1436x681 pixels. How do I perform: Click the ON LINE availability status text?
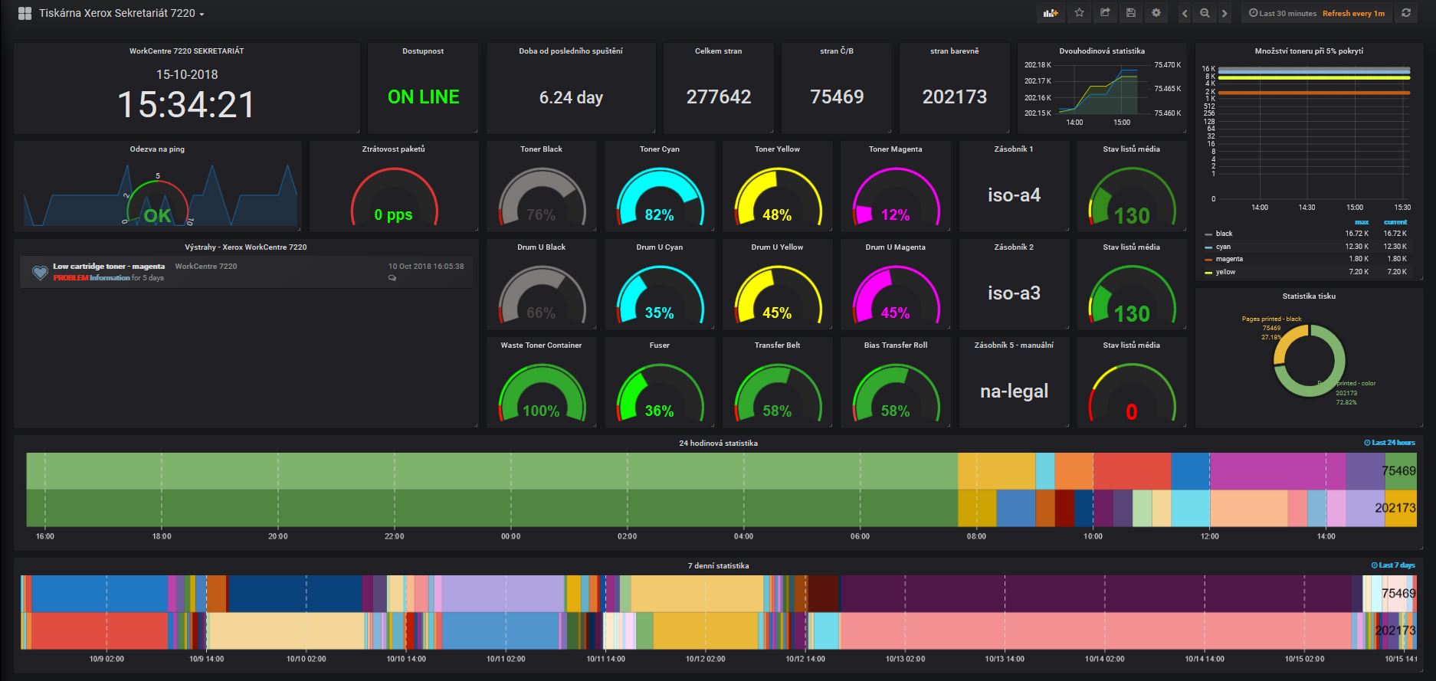(x=423, y=97)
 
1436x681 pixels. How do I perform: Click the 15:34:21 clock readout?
(x=186, y=104)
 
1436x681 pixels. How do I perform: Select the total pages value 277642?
(x=718, y=97)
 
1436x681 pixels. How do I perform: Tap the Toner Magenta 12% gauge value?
(x=895, y=215)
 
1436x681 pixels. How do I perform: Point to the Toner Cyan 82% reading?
(x=659, y=215)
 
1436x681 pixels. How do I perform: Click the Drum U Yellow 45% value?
(x=777, y=313)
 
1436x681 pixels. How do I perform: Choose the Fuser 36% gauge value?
(x=659, y=411)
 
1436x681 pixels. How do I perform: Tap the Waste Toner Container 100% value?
(x=541, y=411)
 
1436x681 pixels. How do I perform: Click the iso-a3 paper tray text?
(x=1014, y=293)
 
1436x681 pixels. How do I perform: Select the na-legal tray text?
(x=1014, y=391)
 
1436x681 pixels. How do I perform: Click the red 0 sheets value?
(x=1131, y=413)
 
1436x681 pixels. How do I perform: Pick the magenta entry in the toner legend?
(x=1229, y=259)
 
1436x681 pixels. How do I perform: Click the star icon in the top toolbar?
(x=1079, y=13)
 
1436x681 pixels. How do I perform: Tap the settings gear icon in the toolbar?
(x=1156, y=13)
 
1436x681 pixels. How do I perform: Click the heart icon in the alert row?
(x=40, y=272)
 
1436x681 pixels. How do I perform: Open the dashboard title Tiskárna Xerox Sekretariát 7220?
(x=116, y=14)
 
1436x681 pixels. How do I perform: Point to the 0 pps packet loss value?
(x=393, y=215)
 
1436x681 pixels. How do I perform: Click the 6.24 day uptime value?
(x=571, y=98)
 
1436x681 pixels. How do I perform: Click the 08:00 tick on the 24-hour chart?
(x=976, y=536)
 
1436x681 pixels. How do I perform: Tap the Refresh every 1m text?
(x=1353, y=14)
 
